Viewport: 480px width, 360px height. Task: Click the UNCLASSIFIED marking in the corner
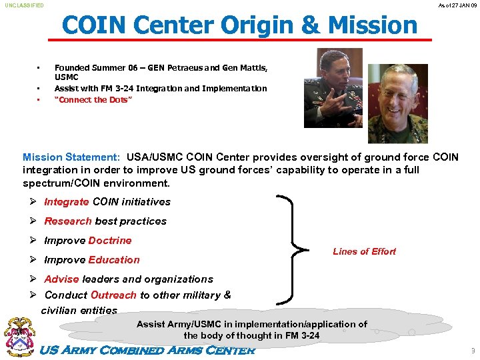click(25, 5)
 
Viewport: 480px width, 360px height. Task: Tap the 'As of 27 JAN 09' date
click(457, 5)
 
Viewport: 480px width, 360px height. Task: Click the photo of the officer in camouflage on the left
click(333, 87)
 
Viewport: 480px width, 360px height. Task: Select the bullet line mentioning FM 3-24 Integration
click(160, 88)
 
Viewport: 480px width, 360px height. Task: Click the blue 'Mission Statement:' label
click(71, 157)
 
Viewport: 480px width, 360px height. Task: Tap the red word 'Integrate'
click(66, 202)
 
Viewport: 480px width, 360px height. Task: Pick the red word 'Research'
click(68, 221)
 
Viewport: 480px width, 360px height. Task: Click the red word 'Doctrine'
click(110, 241)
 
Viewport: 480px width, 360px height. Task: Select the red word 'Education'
click(114, 260)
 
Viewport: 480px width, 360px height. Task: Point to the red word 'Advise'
click(62, 279)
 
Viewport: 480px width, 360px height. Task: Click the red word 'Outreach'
click(113, 295)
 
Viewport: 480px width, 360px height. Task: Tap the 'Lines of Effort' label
click(364, 251)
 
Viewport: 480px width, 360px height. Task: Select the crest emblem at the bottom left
click(19, 337)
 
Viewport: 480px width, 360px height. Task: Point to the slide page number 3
click(473, 351)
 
